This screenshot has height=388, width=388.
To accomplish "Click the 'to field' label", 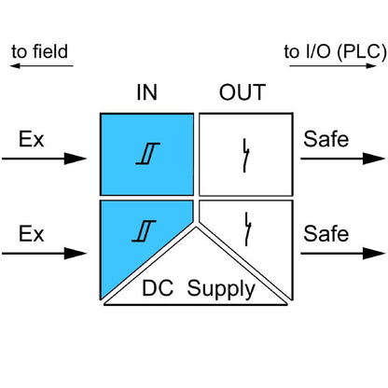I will (40, 51).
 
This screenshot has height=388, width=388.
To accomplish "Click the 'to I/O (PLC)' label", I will (335, 51).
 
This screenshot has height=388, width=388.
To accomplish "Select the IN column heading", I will (146, 93).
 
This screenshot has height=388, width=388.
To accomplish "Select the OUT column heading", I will (242, 93).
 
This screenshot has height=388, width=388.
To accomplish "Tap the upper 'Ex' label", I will (30, 141).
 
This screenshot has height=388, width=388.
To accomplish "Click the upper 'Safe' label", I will (326, 141).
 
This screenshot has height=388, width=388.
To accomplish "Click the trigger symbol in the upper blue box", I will (145, 157).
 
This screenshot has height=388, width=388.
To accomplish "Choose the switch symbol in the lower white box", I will (247, 228).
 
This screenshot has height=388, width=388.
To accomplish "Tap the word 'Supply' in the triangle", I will (221, 288).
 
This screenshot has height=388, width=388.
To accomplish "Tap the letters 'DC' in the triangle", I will (159, 288).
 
